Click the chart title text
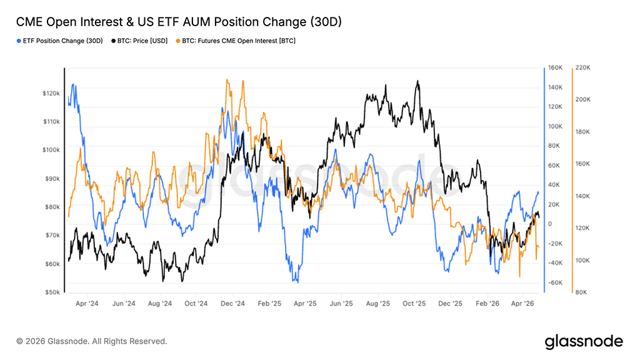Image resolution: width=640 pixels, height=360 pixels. point(179,22)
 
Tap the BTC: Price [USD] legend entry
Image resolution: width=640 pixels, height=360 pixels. point(141,41)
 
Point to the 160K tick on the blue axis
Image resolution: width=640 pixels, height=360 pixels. point(555,67)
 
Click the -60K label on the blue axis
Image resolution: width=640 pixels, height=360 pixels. point(555,282)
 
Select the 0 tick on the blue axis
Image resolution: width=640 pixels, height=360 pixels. point(551,224)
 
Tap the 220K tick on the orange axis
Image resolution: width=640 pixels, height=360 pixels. point(583,67)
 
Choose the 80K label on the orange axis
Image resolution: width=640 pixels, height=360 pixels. point(582,292)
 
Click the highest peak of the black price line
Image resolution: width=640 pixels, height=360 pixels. point(417,81)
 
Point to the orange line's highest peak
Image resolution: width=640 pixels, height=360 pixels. point(227,79)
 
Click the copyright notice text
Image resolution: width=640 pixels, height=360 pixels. point(92,341)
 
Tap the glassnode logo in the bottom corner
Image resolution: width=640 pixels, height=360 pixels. point(584,341)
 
